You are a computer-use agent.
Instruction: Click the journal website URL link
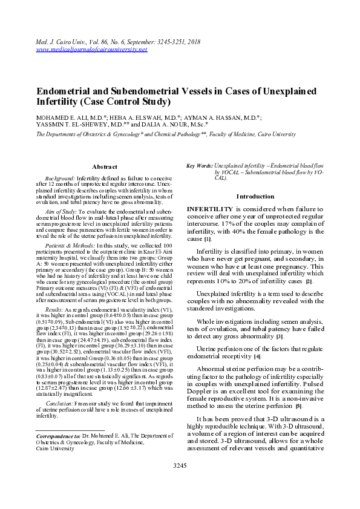pos(91,50)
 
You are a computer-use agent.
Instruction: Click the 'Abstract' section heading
pos(104,166)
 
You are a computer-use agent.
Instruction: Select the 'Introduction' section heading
pos(255,196)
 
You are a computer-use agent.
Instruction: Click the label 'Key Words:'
pos(200,165)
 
